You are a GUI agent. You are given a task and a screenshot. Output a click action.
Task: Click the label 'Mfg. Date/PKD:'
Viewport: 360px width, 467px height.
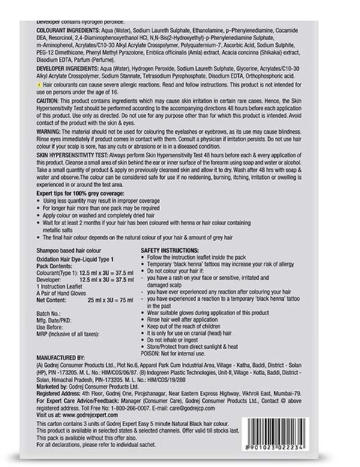point(55,321)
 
